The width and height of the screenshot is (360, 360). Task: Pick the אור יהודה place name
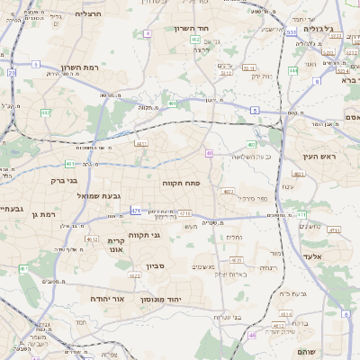[112, 298]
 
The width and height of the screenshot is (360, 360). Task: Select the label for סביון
[155, 266]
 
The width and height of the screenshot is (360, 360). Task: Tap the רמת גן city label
[42, 214]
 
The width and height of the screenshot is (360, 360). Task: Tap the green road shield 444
[293, 70]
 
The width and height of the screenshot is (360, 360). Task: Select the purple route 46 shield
[253, 335]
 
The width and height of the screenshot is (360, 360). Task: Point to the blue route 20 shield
[11, 72]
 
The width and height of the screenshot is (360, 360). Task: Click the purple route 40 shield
[209, 154]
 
